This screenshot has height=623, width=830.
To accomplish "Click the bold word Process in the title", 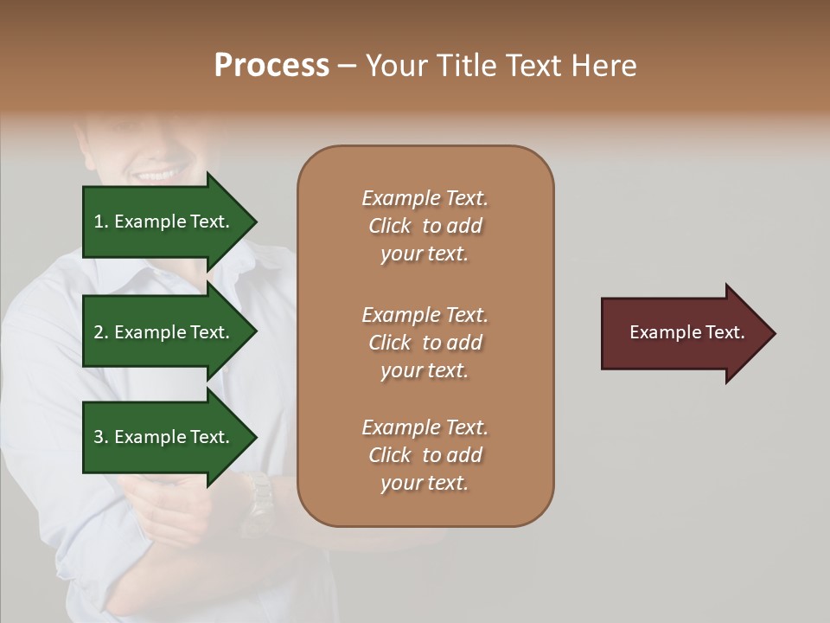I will click(x=271, y=66).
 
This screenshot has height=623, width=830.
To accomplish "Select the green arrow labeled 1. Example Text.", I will click(x=164, y=222).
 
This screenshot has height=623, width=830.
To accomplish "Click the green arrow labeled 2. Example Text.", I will click(x=164, y=332).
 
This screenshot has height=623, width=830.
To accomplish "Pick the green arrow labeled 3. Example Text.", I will click(x=164, y=437).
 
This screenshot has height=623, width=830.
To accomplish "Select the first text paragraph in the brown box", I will click(x=425, y=226).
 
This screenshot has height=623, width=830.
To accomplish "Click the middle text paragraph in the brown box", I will click(x=425, y=343).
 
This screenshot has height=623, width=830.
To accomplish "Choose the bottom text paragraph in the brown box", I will click(x=425, y=455).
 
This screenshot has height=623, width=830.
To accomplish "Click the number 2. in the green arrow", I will click(x=100, y=332).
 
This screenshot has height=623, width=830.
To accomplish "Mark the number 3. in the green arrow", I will click(x=100, y=437).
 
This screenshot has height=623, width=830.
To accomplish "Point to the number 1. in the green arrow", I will click(x=100, y=222).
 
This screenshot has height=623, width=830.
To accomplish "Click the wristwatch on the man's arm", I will click(x=257, y=502).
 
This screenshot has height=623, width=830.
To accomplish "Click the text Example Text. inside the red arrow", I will click(x=686, y=332).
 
